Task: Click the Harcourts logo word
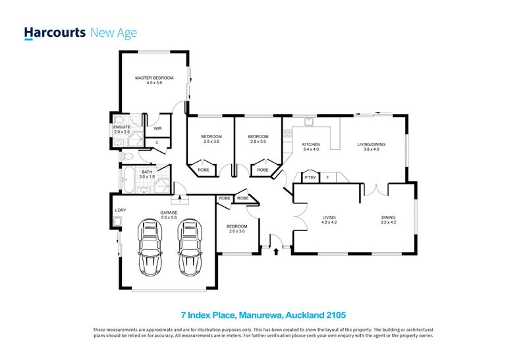pos(54,32)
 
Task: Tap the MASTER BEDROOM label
pos(150,80)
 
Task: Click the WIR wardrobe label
pos(158,128)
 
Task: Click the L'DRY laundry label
pos(120,211)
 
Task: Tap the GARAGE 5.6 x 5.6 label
pos(169,215)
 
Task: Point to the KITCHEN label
pos(311,147)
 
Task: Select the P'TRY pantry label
pos(309,178)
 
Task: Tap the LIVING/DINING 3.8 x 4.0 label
pos(368,147)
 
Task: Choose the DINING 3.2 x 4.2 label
pos(389,220)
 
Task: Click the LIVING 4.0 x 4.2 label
pos(329,220)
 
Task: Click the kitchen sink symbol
pos(308,122)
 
